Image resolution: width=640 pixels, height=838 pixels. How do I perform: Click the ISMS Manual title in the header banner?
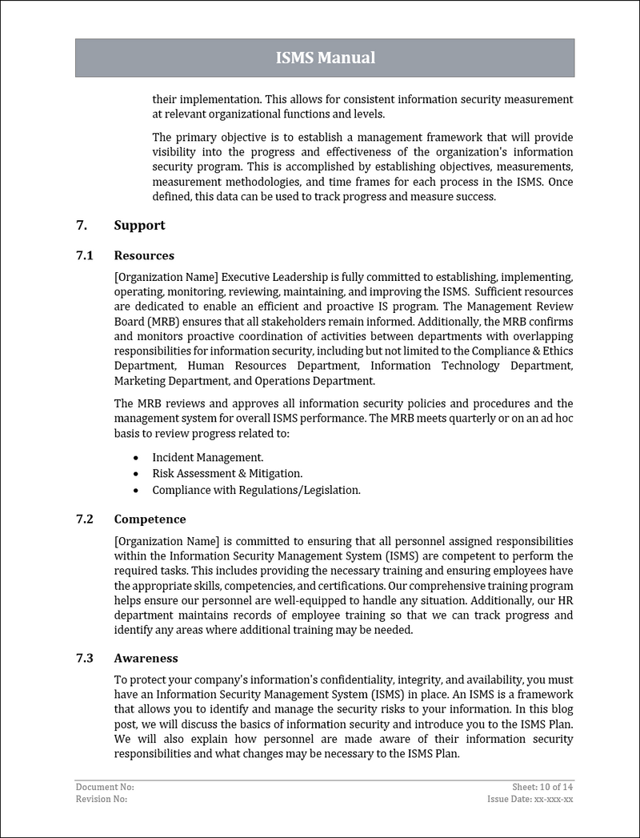click(325, 58)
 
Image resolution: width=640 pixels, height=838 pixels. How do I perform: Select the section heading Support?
click(139, 226)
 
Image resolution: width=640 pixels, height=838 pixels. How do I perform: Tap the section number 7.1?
click(85, 256)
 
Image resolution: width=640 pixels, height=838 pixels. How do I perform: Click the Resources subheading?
click(144, 256)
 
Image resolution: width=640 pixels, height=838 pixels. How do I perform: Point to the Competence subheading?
click(150, 519)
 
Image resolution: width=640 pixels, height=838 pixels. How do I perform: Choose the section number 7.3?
click(85, 659)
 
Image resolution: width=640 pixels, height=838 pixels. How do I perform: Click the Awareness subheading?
click(146, 659)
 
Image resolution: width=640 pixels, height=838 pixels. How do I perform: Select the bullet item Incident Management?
click(208, 457)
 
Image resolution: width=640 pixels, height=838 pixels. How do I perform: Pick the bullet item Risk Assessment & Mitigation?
click(227, 473)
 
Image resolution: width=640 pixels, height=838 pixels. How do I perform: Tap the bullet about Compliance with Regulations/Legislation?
click(256, 490)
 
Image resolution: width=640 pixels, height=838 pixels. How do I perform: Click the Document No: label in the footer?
click(99, 788)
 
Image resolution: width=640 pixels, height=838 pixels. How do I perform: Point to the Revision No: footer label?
click(101, 799)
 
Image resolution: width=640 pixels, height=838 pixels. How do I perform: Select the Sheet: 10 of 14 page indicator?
click(542, 788)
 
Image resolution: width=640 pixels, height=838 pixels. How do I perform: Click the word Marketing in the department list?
click(139, 381)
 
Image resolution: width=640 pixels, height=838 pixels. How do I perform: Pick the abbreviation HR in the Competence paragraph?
click(564, 599)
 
